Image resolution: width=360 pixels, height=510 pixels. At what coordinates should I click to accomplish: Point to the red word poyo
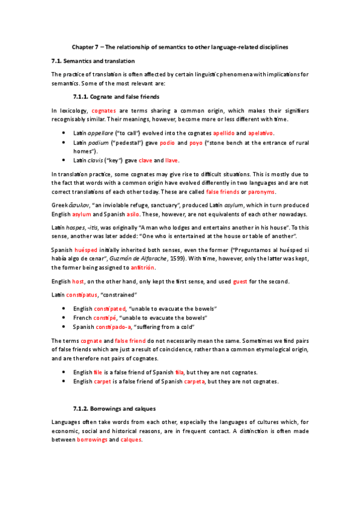point(196,143)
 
